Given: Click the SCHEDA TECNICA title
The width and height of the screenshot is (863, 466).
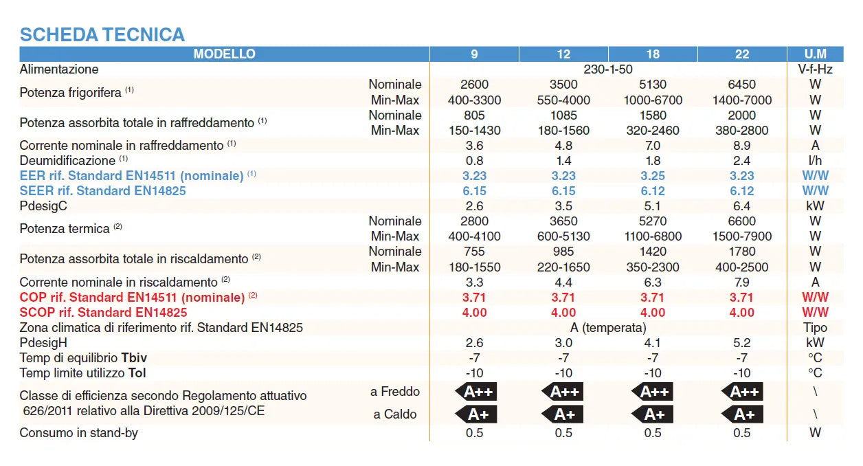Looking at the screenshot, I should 102,34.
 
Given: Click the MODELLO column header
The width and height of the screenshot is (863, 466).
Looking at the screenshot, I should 224,54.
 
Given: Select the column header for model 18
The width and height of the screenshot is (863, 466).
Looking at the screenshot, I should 653,54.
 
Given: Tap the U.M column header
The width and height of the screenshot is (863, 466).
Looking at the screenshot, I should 815,54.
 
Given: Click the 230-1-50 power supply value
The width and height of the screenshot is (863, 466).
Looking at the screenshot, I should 608,69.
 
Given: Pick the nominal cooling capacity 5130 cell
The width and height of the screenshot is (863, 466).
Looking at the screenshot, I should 653,85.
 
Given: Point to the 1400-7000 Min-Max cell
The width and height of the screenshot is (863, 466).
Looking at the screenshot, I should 742,100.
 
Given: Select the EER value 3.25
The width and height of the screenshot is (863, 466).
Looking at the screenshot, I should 653,176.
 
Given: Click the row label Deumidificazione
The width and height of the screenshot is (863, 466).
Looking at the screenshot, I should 67,161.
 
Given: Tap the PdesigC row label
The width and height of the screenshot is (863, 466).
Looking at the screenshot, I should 43,206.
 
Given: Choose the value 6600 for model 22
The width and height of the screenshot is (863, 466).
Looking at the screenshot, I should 742,221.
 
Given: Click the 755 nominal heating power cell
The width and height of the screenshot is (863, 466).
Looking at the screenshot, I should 474,252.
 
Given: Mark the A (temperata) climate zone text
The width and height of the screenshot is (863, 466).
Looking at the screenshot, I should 608,328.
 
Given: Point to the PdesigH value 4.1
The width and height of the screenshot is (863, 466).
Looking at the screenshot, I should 653,343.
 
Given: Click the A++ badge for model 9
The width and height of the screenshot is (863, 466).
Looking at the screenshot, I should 475,392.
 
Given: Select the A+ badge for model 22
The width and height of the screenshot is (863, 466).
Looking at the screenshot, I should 743,414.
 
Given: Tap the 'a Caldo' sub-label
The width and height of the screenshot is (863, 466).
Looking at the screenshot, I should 395,414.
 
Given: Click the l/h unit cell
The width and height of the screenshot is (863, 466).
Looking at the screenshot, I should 815,161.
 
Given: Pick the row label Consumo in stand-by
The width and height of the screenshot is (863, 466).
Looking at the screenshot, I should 79,433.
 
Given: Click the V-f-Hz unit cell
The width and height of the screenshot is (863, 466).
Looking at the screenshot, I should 815,69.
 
